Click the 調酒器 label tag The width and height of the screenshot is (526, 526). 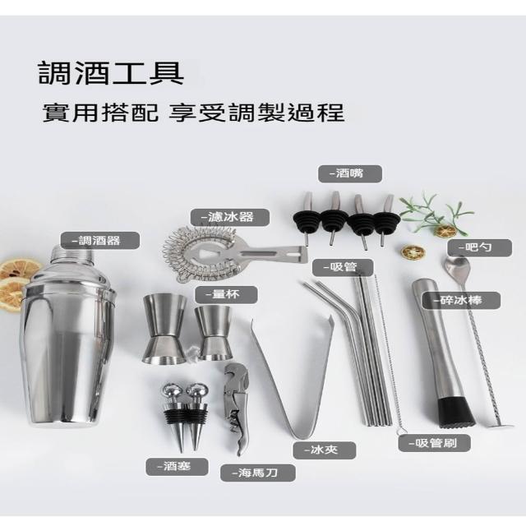pyautogui.click(x=100, y=241)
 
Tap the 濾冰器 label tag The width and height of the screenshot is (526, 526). pyautogui.click(x=230, y=217)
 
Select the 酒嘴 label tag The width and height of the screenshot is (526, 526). pyautogui.click(x=350, y=173)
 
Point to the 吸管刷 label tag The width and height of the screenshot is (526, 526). pyautogui.click(x=435, y=444)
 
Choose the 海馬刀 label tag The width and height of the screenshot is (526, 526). pyautogui.click(x=257, y=473)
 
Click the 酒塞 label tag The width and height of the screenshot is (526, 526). pyautogui.click(x=177, y=467)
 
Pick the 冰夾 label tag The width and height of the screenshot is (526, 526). pyautogui.click(x=324, y=450)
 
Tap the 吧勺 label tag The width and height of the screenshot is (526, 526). pyautogui.click(x=480, y=248)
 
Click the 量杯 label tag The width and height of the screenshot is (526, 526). pyautogui.click(x=226, y=295)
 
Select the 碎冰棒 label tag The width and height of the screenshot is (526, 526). pyautogui.click(x=461, y=300)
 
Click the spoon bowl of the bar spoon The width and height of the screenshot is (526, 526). pyautogui.click(x=457, y=265)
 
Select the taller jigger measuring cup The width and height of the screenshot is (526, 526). pyautogui.click(x=164, y=329)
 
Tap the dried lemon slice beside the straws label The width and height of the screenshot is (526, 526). pyautogui.click(x=413, y=252)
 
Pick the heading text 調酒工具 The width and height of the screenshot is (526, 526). pyautogui.click(x=112, y=73)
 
